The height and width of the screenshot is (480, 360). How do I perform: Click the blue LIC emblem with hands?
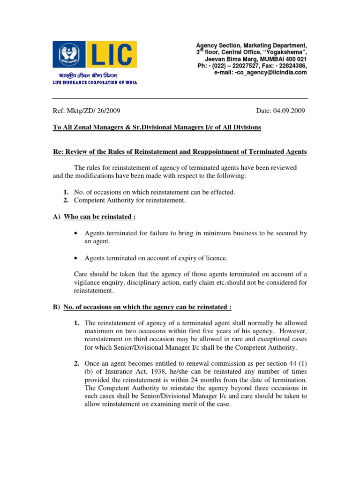click(x=68, y=55)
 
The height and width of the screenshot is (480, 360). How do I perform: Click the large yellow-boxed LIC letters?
click(x=111, y=55)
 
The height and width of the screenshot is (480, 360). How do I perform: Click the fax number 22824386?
click(x=292, y=66)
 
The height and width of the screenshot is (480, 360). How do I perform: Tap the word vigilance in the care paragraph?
click(x=91, y=282)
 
